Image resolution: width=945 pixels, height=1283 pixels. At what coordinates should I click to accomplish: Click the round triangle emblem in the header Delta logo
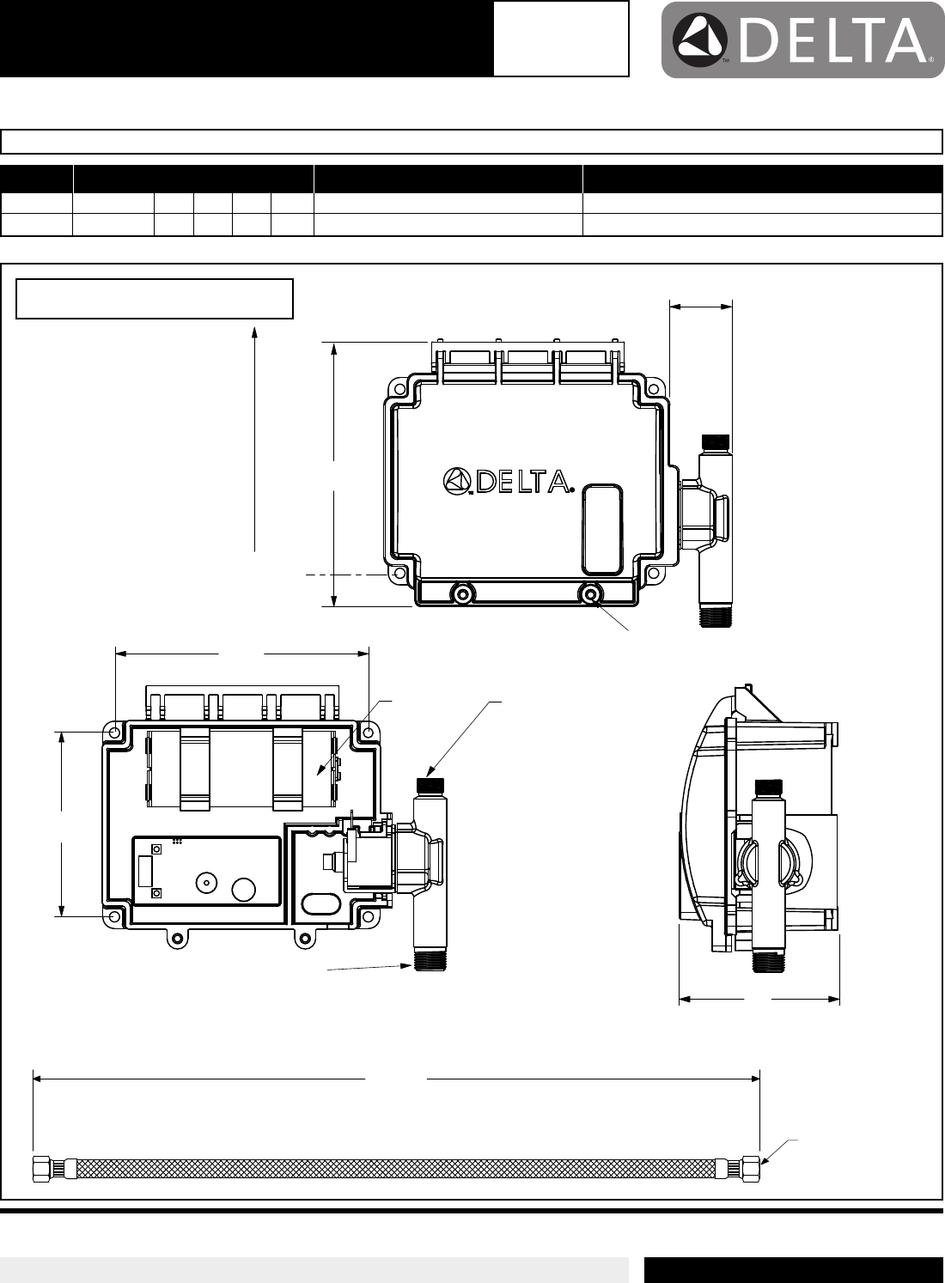pos(699,40)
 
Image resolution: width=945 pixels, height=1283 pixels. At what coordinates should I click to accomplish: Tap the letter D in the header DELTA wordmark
pos(760,40)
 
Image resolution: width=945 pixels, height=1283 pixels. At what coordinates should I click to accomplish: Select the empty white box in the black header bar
pos(561,39)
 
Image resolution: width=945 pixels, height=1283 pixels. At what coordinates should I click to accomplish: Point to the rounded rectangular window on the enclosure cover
pos(602,529)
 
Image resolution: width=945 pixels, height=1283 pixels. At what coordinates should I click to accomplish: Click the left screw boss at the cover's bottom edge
pos(461,594)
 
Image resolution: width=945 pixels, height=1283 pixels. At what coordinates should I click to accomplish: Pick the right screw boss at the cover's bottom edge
pos(589,594)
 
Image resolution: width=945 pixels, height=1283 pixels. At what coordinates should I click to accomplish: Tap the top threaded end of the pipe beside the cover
pos(716,442)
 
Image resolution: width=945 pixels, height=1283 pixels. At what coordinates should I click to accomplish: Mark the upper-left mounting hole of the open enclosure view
pos(114,733)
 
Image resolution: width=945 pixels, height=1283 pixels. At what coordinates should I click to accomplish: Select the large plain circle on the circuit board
pos(244,890)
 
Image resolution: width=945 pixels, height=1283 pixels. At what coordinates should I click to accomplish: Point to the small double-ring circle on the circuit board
pos(206,883)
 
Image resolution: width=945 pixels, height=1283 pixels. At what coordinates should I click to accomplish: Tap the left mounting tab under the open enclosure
pos(178,938)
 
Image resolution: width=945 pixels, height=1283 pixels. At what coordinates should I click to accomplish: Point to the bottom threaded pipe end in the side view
pos(768,962)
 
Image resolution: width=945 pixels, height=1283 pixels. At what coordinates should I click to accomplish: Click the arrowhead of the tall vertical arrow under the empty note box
pos(254,331)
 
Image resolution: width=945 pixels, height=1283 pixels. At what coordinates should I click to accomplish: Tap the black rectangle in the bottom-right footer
pos(795,1270)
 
